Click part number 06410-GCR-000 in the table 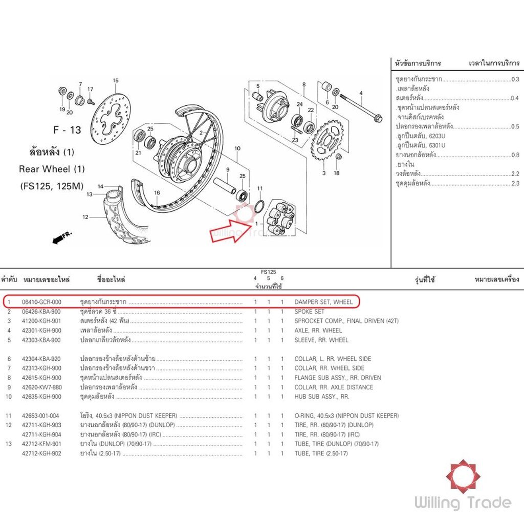pos(41,302)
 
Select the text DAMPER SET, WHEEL pos(323,302)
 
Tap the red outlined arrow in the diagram pos(231,231)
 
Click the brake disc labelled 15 pos(111,119)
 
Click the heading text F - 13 pos(67,130)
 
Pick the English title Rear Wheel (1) pos(52,169)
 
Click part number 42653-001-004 pos(40,416)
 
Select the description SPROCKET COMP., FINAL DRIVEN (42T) pos(346,321)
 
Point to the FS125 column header pos(268,272)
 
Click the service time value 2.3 pos(515,183)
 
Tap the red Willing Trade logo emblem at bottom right pos(463,476)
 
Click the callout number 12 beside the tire pos(85,217)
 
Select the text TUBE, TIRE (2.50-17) pos(321,453)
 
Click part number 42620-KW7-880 pos(42,387)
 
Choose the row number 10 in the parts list pos(9,397)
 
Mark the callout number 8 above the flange pos(304,84)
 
